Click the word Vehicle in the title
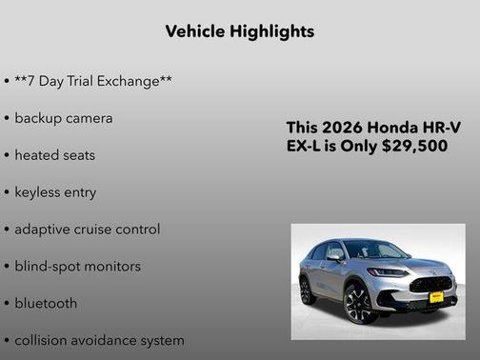click(192, 31)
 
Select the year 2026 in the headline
click(344, 127)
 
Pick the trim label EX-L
click(307, 146)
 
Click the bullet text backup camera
click(64, 118)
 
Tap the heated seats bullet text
click(55, 154)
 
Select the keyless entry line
click(55, 192)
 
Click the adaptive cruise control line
click(88, 230)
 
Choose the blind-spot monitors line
click(77, 267)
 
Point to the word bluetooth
click(46, 303)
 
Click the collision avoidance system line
click(99, 340)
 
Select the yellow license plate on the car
click(436, 297)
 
